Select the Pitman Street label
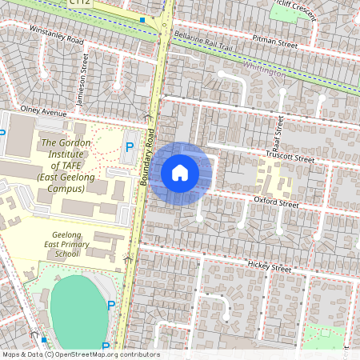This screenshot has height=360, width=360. (274, 40)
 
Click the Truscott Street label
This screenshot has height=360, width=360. (290, 158)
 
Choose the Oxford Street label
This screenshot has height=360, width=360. (276, 202)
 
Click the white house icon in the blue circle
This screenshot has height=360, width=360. (180, 173)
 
